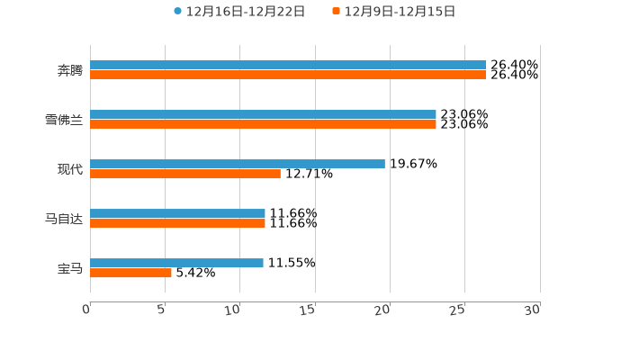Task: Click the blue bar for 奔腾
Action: [288, 65]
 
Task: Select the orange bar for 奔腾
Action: [288, 76]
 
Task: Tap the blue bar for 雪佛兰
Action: [263, 114]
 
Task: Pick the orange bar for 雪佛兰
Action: [263, 125]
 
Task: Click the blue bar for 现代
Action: [238, 164]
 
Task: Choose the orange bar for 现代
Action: [185, 175]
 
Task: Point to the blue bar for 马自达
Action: [177, 213]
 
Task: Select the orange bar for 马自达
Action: [177, 224]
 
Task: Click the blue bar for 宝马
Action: [176, 263]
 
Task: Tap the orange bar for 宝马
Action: [130, 274]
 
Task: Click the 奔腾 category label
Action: [69, 70]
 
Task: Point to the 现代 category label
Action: [69, 169]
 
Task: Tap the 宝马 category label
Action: [69, 268]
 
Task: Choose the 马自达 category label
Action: [64, 219]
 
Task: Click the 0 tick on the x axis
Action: [86, 310]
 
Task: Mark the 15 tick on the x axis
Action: [309, 310]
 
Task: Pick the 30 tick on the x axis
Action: [532, 310]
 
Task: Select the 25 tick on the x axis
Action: [457, 310]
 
